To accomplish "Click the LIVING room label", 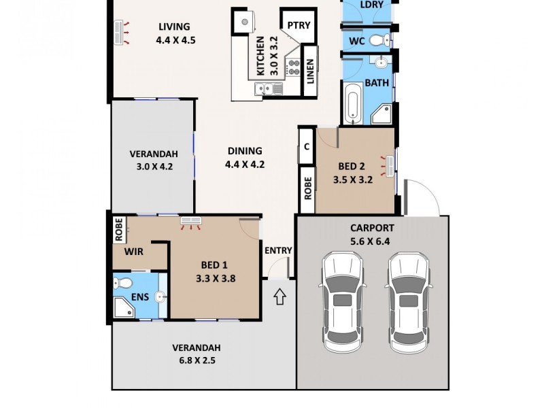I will tap(174, 27).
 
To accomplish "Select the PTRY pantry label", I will tap(299, 26).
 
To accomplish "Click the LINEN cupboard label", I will tap(310, 70).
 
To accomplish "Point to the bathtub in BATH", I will tap(352, 104).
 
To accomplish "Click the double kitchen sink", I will tap(264, 88).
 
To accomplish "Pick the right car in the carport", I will tap(408, 302).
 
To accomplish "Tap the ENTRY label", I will tap(278, 250).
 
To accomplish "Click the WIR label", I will tap(134, 252).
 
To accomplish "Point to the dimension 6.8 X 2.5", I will tap(196, 360).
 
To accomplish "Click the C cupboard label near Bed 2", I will tap(307, 146).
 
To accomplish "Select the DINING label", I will tap(244, 151).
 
